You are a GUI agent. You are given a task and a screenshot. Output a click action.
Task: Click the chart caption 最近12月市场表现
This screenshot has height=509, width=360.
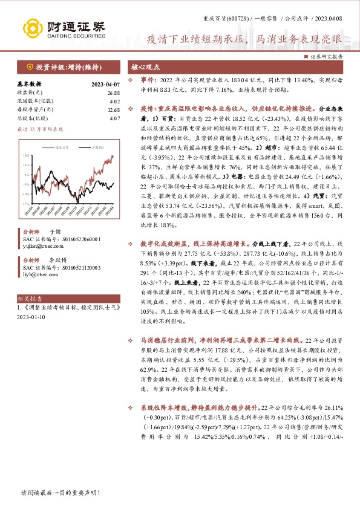[40, 129]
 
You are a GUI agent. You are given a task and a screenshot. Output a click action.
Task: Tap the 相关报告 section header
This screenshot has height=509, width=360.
[30, 298]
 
